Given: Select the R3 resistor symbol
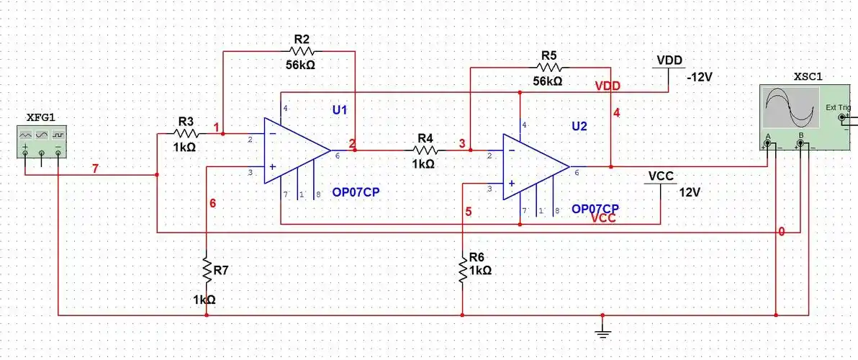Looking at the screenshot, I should click(x=186, y=133).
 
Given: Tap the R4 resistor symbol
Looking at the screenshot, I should click(x=424, y=150).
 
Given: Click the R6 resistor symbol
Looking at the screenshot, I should click(x=462, y=270).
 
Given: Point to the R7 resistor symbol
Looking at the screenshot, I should click(x=207, y=271).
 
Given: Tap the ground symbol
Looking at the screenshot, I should click(x=602, y=328).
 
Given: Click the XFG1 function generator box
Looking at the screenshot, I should click(x=41, y=140).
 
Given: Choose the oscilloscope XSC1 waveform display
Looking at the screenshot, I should click(x=791, y=108).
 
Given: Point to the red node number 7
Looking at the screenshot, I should click(x=95, y=168).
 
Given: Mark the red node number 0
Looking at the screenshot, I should click(x=781, y=232).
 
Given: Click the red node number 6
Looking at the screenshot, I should click(x=212, y=203).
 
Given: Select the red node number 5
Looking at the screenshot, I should click(x=469, y=212).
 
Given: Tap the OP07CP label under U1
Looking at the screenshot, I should click(x=356, y=192).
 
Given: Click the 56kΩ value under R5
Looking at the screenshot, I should click(x=548, y=81).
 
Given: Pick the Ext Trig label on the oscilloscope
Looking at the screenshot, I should click(x=838, y=107).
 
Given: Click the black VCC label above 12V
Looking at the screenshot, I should click(x=661, y=176).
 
